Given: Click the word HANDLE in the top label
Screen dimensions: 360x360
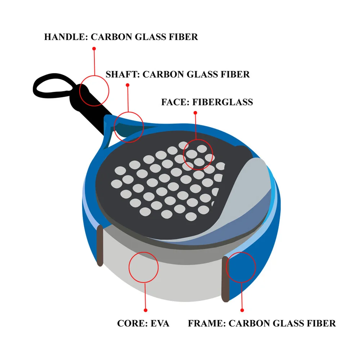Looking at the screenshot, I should click(63, 37).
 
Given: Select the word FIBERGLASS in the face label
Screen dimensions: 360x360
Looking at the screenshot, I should click(223, 102).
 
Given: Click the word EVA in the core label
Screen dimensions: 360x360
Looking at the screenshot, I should click(158, 323).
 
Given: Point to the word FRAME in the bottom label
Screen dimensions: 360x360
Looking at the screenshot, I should click(206, 323).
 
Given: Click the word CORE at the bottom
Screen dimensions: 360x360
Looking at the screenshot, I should click(131, 323).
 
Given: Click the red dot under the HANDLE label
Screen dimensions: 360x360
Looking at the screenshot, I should click(94, 48).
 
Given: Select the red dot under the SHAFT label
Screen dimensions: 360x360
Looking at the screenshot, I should click(127, 85).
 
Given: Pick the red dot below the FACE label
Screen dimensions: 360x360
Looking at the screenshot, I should click(195, 113).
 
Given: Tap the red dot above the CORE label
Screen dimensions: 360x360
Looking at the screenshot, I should click(145, 310).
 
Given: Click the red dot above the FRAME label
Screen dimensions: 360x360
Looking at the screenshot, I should click(242, 310).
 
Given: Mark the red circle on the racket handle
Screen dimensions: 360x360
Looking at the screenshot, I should click(94, 91).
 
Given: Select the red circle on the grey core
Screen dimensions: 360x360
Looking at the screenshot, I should click(143, 267).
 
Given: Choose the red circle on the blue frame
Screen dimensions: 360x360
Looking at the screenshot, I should click(241, 267).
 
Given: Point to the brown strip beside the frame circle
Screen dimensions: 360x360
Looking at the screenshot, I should click(225, 279).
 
